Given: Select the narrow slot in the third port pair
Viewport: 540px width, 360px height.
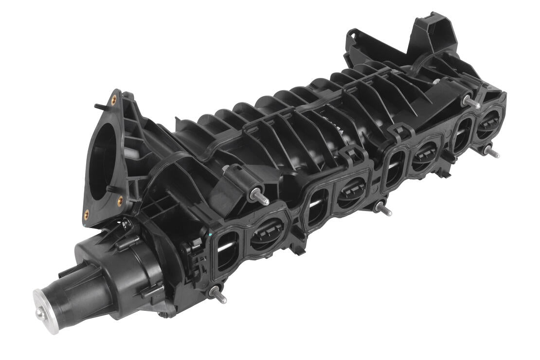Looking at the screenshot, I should (x=394, y=168).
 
